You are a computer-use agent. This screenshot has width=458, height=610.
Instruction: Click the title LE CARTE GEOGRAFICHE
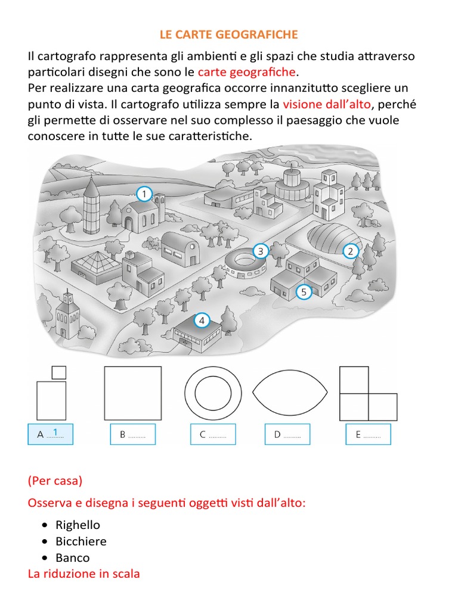tap(228, 35)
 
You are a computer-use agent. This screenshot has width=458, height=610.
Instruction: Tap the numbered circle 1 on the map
tap(144, 194)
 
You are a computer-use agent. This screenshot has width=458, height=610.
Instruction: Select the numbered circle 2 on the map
tap(350, 251)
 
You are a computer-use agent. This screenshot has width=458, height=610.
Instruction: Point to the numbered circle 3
tap(260, 251)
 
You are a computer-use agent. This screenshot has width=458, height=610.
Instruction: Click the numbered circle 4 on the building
tap(202, 321)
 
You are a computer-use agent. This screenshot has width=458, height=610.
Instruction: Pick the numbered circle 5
tap(304, 292)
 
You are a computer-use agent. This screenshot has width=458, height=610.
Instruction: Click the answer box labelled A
tap(50, 434)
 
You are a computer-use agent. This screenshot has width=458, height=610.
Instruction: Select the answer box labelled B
tap(132, 434)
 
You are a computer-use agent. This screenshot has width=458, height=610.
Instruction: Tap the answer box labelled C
tap(213, 434)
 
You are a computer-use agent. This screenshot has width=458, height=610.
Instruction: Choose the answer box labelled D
tap(287, 434)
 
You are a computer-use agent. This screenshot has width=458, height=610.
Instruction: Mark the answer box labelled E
tap(368, 434)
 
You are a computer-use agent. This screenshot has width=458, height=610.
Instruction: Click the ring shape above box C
tap(213, 393)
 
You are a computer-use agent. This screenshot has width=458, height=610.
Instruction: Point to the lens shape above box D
tap(290, 393)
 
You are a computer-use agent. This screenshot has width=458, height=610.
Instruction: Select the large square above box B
tap(132, 393)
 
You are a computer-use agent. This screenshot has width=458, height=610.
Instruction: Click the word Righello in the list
tap(78, 525)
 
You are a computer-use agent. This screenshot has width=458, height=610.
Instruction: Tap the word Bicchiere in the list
tap(81, 541)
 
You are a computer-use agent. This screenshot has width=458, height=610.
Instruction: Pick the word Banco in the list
tap(73, 558)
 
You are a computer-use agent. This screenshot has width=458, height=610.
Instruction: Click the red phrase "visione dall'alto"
tap(327, 104)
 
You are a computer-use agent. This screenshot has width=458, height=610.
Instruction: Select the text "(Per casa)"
tap(55, 480)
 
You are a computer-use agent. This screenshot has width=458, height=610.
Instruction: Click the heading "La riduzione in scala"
tap(83, 574)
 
